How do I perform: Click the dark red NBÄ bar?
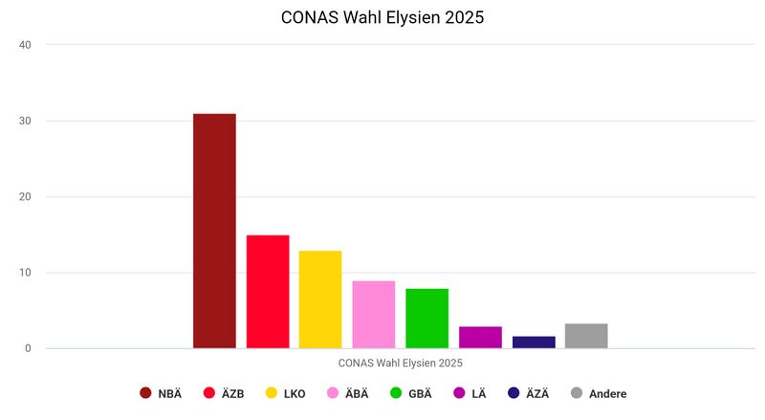click(214, 231)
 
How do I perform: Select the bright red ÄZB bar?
click(268, 292)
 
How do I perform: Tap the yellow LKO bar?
click(320, 299)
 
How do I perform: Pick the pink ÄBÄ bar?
click(374, 315)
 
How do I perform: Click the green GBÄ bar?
click(426, 319)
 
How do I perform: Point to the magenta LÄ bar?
click(480, 337)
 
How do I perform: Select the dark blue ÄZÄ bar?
click(534, 342)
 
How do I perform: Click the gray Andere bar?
click(586, 336)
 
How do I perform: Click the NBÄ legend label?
click(169, 393)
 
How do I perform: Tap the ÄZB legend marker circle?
click(209, 393)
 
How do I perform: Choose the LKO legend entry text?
click(295, 393)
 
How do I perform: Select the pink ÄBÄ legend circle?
click(333, 393)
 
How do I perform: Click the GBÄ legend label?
click(420, 393)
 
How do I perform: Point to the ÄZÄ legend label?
click(537, 393)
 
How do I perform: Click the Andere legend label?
click(607, 393)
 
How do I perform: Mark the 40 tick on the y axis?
click(25, 45)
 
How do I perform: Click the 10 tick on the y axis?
click(25, 273)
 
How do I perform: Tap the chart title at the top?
click(382, 18)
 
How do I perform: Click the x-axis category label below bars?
click(400, 363)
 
